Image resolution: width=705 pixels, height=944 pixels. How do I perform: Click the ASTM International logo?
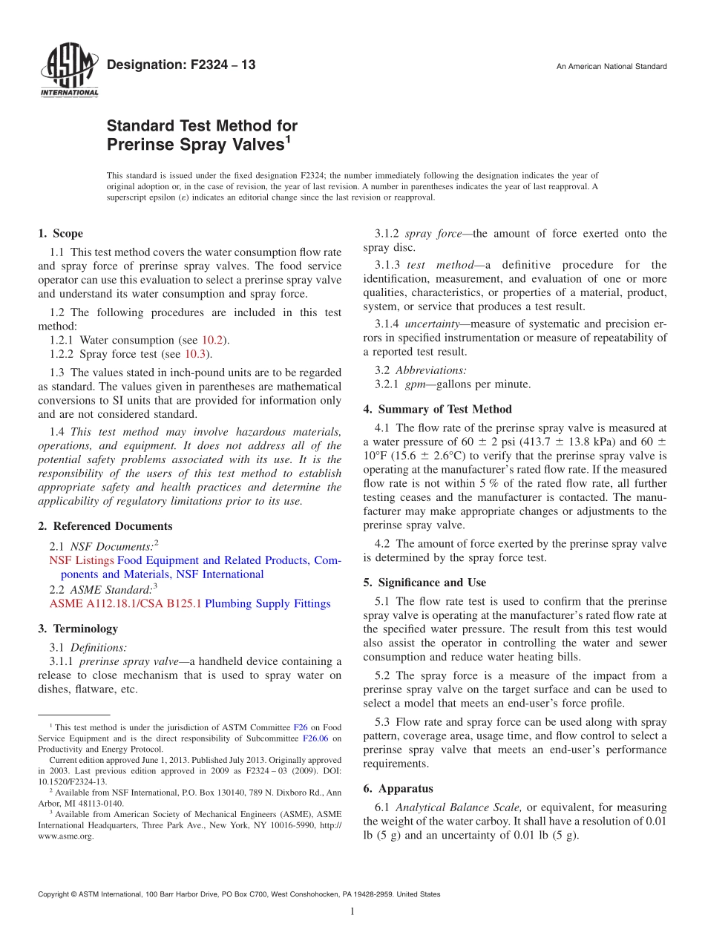pos(68,70)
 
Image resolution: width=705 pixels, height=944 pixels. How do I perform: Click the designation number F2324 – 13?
pos(181,65)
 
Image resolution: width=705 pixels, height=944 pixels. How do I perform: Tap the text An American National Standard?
pos(611,67)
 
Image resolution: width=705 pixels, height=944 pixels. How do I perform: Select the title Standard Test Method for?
pos(202,125)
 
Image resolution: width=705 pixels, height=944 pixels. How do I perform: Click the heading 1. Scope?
pos(60,234)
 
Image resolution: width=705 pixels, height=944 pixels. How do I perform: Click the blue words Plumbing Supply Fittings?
pos(267,603)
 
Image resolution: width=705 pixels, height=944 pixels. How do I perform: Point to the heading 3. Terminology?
pos(77,629)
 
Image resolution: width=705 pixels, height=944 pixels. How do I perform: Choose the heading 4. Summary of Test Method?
pos(437,409)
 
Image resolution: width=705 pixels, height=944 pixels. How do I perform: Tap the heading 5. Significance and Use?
pos(424,583)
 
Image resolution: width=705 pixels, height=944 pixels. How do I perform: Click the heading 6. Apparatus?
pos(398,789)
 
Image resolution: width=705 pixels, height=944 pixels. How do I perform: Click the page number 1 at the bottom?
pos(352,912)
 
